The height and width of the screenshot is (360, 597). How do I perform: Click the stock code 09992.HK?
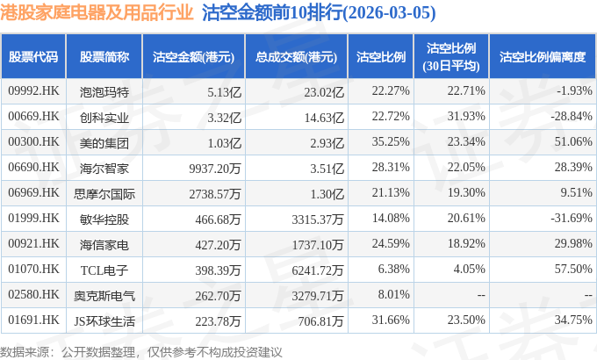pos(33,90)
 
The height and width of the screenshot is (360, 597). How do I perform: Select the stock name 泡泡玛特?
pos(104,92)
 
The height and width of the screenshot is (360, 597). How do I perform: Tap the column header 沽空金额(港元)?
pos(193,57)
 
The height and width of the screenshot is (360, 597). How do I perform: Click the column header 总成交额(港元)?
pos(296,57)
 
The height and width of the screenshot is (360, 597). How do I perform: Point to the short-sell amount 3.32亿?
pos(224,118)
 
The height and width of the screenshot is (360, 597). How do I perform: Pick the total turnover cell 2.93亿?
pos(327,143)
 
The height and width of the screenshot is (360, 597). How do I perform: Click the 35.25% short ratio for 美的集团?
pos(391,141)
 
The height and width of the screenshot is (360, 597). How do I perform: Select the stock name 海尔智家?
pos(104,168)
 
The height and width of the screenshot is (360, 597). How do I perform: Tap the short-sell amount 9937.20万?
pos(215,169)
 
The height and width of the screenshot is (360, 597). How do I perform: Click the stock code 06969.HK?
pos(33,192)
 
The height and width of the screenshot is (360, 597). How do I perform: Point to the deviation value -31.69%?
pos(572,218)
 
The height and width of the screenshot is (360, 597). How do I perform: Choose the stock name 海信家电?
pos(104,245)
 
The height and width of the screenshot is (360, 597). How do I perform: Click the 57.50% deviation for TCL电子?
pos(573,269)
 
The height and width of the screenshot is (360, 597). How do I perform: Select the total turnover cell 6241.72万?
pos(318,270)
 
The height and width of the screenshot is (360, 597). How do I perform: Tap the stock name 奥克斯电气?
pos(104,296)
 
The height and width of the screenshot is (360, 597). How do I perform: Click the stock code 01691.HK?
pos(33,320)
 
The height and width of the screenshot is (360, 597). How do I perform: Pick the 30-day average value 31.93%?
pos(466,116)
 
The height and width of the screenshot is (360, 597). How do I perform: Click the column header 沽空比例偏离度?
pos(543,57)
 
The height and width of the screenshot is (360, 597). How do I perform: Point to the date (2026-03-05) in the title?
pos(390,12)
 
